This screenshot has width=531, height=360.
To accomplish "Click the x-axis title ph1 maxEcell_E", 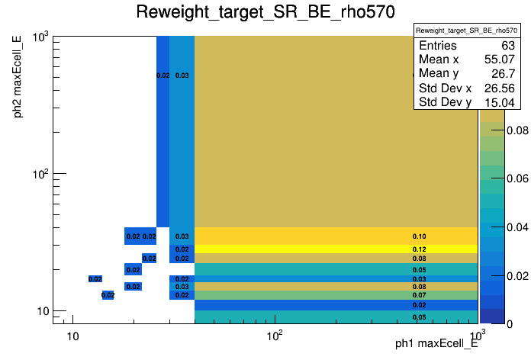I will pyautogui.click(x=436, y=344).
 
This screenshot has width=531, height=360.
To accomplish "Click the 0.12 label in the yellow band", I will pyautogui.click(x=419, y=249).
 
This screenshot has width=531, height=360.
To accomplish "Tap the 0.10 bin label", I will pyautogui.click(x=419, y=236).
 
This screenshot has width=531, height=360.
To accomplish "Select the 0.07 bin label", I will pyautogui.click(x=419, y=295).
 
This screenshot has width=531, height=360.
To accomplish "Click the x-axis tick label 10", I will pyautogui.click(x=72, y=338).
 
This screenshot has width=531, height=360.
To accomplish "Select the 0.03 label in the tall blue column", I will pyautogui.click(x=182, y=76).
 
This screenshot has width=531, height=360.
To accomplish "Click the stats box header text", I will pyautogui.click(x=462, y=30).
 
